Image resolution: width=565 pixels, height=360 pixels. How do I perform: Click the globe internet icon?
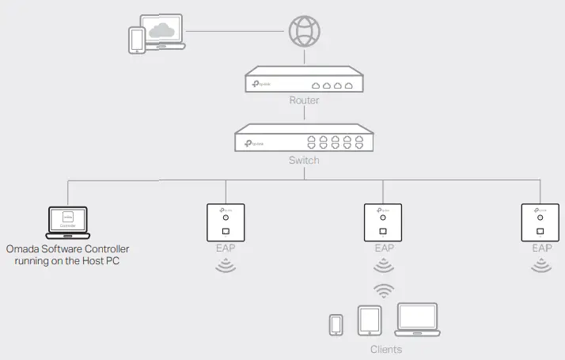pyautogui.click(x=304, y=31)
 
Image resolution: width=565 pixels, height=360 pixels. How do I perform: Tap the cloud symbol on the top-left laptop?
pyautogui.click(x=163, y=30)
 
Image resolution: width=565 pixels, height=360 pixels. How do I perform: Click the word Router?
pyautogui.click(x=304, y=101)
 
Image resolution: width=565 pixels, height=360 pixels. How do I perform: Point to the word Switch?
pyautogui.click(x=304, y=160)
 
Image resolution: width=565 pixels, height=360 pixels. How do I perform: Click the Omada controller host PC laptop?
pyautogui.click(x=67, y=222)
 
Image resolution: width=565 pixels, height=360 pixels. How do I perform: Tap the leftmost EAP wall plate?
pyautogui.click(x=226, y=222)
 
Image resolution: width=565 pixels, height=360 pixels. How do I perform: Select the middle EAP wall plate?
pyautogui.click(x=384, y=222)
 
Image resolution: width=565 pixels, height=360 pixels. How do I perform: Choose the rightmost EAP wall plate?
pyautogui.click(x=541, y=222)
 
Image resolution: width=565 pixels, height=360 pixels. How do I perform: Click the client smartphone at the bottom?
pyautogui.click(x=336, y=324)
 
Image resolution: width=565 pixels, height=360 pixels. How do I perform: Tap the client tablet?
pyautogui.click(x=370, y=320)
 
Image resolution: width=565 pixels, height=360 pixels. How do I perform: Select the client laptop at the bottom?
pyautogui.click(x=417, y=319)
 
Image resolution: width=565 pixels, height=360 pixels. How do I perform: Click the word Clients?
pyautogui.click(x=385, y=349)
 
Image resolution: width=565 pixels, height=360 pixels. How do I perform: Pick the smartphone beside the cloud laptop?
pyautogui.click(x=138, y=40)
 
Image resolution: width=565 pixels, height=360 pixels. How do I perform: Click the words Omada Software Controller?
pyautogui.click(x=67, y=249)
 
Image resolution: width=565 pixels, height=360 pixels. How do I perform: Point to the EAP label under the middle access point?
pyautogui.click(x=384, y=248)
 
